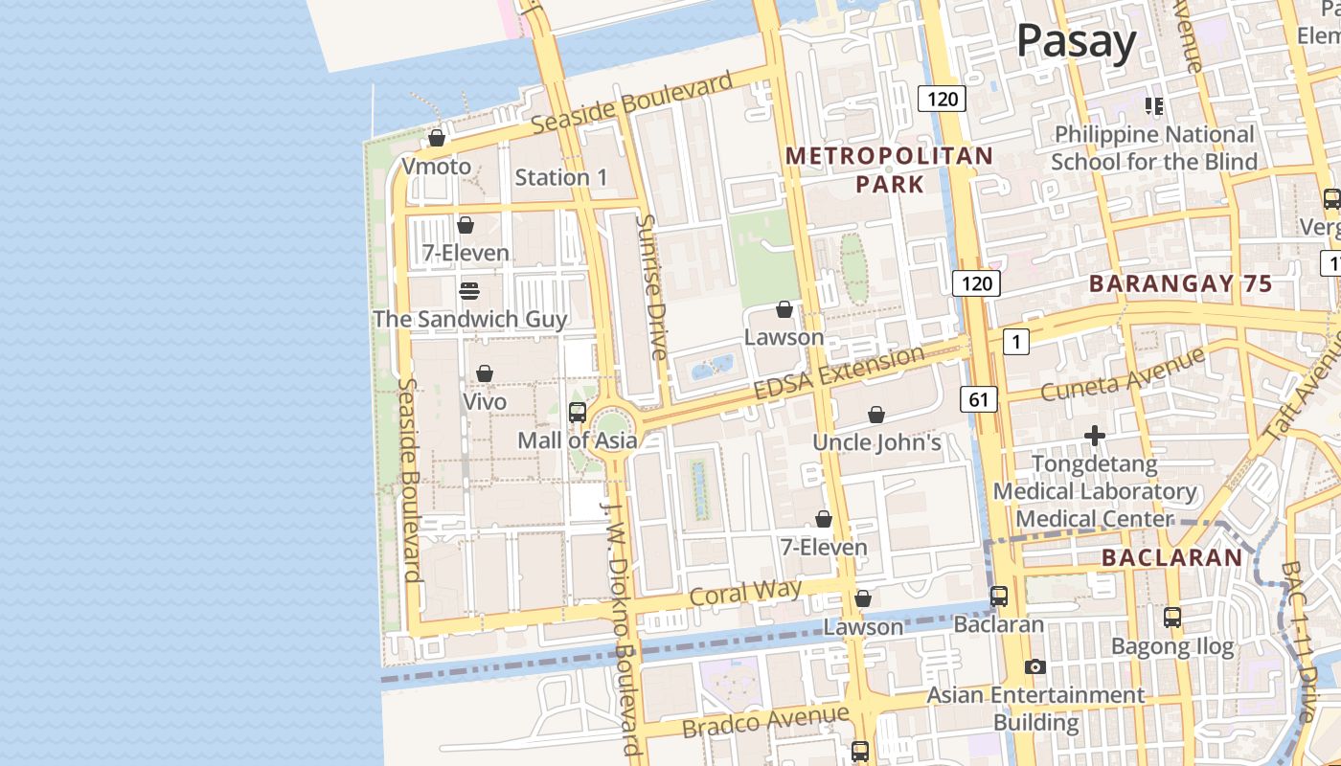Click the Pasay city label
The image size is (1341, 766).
pyautogui.click(x=1076, y=41)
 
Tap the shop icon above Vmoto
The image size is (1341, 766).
pyautogui.click(x=437, y=138)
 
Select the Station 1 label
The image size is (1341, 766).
pyautogui.click(x=561, y=177)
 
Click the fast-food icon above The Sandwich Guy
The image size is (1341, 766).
pyautogui.click(x=469, y=290)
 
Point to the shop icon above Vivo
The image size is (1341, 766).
pyautogui.click(x=485, y=373)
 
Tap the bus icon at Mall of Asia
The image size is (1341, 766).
pyautogui.click(x=578, y=413)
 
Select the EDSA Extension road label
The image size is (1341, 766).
pyautogui.click(x=838, y=373)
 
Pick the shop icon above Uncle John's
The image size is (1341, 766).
pyautogui.click(x=875, y=415)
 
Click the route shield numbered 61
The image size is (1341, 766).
pyautogui.click(x=978, y=399)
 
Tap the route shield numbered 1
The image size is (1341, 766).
pyautogui.click(x=1015, y=342)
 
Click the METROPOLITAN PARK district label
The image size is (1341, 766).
pyautogui.click(x=890, y=169)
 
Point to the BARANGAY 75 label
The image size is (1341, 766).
pyautogui.click(x=1180, y=283)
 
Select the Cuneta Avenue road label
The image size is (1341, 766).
pyautogui.click(x=1122, y=374)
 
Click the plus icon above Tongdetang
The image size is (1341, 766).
pyautogui.click(x=1094, y=437)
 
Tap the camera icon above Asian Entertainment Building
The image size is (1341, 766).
pyautogui.click(x=1034, y=666)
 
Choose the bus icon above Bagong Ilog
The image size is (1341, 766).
pyautogui.click(x=1171, y=618)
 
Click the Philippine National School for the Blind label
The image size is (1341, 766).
pyautogui.click(x=1154, y=148)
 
